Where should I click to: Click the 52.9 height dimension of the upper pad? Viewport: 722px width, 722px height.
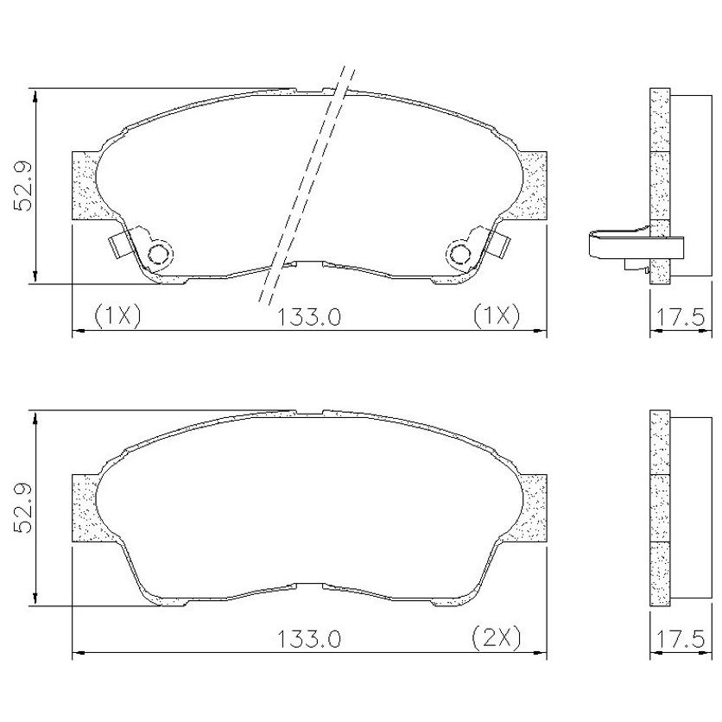23,187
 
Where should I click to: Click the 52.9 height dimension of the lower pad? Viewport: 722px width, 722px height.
23,509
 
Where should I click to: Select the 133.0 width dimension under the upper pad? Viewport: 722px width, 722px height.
308,317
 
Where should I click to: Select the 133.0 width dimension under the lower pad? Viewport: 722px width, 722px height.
308,639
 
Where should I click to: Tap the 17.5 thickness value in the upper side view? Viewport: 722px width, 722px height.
680,317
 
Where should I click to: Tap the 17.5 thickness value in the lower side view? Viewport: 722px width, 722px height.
680,639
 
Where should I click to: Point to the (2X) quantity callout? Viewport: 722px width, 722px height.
497,638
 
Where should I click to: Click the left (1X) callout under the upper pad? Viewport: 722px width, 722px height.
117,316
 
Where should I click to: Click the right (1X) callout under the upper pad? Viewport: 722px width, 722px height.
497,316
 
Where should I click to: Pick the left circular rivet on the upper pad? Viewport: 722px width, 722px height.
160,254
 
